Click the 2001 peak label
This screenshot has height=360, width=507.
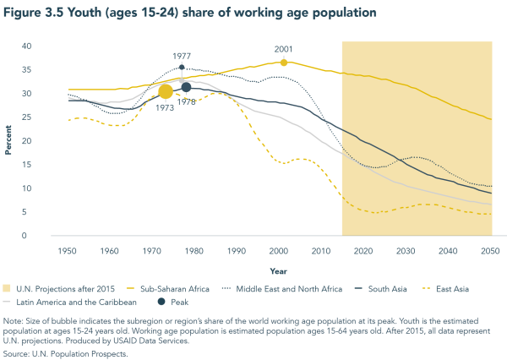coord(283,50)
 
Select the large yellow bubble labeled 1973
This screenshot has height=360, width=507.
coord(166,91)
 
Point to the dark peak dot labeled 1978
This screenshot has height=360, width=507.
coord(186,87)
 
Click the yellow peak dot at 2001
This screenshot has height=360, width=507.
coord(284,63)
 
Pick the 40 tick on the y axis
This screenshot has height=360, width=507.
coord(27,46)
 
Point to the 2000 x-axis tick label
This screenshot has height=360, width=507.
coord(279,251)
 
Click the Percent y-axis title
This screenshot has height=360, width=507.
coord(9,141)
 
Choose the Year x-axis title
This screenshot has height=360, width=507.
coord(279,271)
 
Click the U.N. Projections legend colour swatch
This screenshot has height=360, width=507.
coord(8,289)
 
